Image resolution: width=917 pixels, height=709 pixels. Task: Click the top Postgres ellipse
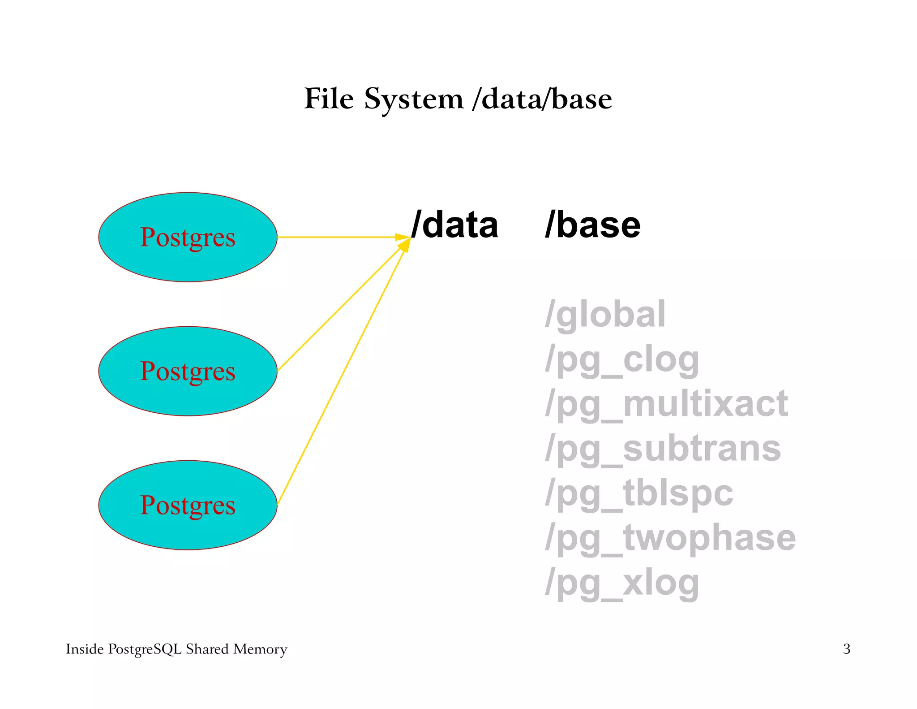coord(188,237)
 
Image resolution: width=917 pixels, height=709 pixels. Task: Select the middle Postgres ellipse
coord(188,371)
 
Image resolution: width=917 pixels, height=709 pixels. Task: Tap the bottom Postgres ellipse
coord(188,505)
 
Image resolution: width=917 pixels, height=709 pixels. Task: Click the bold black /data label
coord(454,225)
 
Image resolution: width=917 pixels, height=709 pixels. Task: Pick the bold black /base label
coord(592,225)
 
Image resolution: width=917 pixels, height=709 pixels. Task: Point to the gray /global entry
coord(605,315)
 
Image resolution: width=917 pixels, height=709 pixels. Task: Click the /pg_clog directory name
coord(622,359)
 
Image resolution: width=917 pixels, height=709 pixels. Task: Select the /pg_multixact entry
coord(666,404)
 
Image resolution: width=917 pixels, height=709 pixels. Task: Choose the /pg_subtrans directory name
coord(663,449)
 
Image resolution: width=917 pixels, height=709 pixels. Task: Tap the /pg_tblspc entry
coord(639,493)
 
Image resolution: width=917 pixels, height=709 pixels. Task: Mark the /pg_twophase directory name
coord(670,538)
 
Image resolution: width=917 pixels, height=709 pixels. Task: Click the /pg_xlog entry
coord(622,583)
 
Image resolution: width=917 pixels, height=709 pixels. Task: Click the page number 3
coord(846,649)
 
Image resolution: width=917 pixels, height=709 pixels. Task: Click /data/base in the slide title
coord(542,99)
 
